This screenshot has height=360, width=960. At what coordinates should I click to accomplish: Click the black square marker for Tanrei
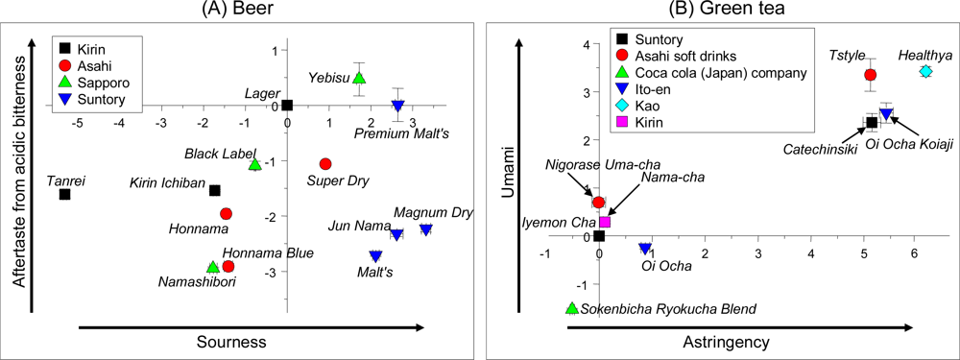65,194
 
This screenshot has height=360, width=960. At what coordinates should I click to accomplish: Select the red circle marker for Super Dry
325,164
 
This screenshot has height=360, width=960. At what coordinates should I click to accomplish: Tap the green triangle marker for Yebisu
359,78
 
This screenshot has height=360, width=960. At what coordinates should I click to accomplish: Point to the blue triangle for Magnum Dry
425,229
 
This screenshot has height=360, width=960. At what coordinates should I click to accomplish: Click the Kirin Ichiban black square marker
215,191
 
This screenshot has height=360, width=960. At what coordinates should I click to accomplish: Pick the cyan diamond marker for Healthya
925,71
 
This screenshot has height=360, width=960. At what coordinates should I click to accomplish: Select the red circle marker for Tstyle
871,75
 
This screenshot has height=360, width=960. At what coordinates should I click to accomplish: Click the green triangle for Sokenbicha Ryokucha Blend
573,308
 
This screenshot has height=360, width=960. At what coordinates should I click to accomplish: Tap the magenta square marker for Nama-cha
605,222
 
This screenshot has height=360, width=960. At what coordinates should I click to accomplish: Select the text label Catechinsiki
820,150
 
